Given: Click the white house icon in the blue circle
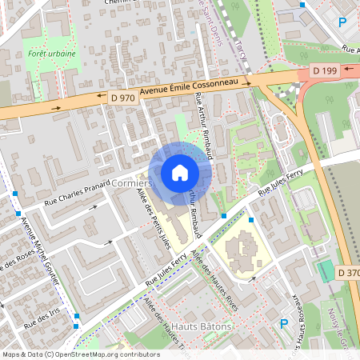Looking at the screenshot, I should point(179,172).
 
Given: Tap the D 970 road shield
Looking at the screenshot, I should point(122,98).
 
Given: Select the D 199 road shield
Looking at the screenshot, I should point(325,71).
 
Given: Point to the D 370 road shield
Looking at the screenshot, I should point(349,273).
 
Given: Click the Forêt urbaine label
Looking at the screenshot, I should point(51,54).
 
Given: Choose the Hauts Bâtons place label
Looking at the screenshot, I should point(202,326).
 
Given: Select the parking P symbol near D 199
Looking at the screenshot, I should point(342,23).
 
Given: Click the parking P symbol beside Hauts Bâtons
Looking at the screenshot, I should point(283,323).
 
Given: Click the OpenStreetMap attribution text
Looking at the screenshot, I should point(81,354).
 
